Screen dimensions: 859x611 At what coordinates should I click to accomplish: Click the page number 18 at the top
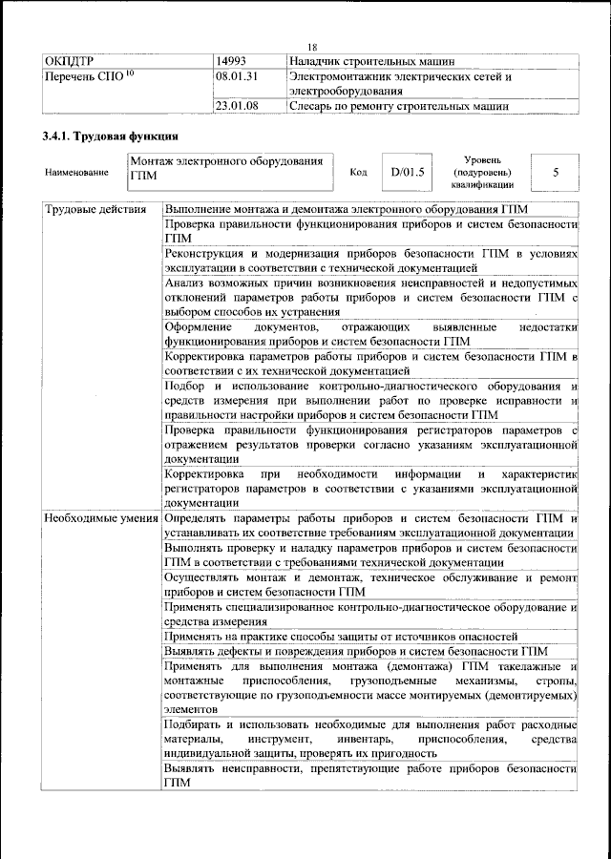[311, 49]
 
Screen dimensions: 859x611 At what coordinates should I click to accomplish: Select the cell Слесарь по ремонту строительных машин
[399, 106]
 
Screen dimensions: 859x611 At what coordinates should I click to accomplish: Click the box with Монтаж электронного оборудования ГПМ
[231, 169]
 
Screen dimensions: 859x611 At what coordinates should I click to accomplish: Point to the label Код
[359, 173]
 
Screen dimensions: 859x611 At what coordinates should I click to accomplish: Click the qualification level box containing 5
[555, 173]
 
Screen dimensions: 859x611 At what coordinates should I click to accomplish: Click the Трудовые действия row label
[95, 209]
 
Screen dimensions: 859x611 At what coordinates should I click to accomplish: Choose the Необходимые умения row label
[100, 517]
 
